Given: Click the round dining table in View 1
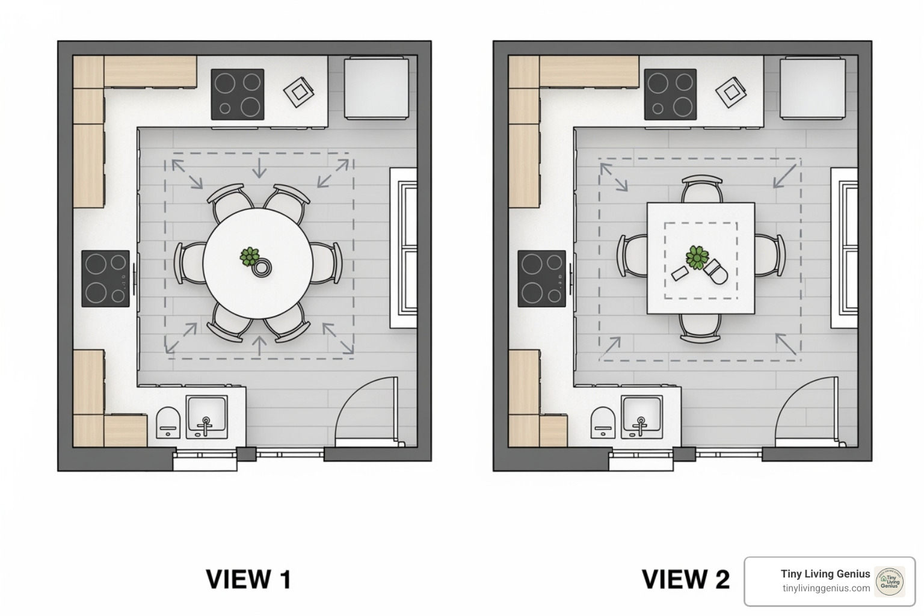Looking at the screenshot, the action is pyautogui.click(x=258, y=263).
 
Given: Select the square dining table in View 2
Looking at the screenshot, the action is pyautogui.click(x=701, y=258).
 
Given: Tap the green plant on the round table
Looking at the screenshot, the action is pyautogui.click(x=250, y=256).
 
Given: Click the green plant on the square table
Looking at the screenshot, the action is pyautogui.click(x=697, y=257).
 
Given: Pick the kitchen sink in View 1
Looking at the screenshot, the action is pyautogui.click(x=207, y=417).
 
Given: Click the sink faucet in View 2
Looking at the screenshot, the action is pyautogui.click(x=641, y=426).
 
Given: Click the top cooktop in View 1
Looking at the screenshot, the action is pyautogui.click(x=238, y=94).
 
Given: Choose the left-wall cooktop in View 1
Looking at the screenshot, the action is pyautogui.click(x=106, y=279).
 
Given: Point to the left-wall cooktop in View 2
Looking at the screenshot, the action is pyautogui.click(x=542, y=279).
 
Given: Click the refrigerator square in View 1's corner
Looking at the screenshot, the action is pyautogui.click(x=377, y=88).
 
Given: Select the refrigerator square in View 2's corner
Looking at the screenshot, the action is pyautogui.click(x=813, y=88).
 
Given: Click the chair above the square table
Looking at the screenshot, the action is pyautogui.click(x=701, y=189).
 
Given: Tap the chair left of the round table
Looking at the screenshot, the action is pyautogui.click(x=189, y=263).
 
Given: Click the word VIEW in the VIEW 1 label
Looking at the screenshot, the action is pyautogui.click(x=238, y=579).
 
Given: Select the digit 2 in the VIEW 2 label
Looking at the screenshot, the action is pyautogui.click(x=719, y=579).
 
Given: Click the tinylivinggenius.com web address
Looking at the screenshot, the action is pyautogui.click(x=826, y=588).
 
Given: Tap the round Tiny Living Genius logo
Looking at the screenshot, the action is pyautogui.click(x=890, y=582).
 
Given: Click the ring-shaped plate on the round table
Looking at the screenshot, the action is pyautogui.click(x=262, y=268).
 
